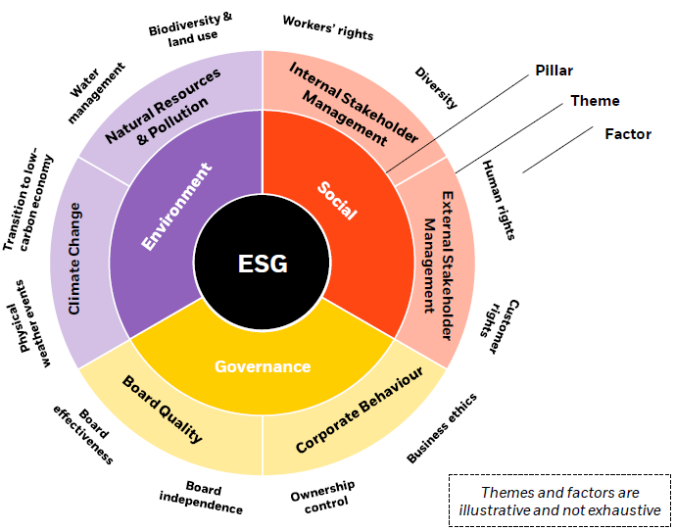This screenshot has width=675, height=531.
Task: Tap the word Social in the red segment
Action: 339,200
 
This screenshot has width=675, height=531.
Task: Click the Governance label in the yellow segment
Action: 263,366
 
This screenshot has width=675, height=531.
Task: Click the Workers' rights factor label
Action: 327,26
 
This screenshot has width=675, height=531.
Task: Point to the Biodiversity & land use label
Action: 192,25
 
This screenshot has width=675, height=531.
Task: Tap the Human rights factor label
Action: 499,200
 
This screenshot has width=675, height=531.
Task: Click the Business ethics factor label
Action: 442,427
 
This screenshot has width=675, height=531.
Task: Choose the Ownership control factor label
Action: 322,496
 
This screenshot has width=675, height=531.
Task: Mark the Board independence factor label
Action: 201,499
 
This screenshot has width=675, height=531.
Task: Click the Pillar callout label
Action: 554,71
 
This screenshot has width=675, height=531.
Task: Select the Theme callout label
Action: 596,101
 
